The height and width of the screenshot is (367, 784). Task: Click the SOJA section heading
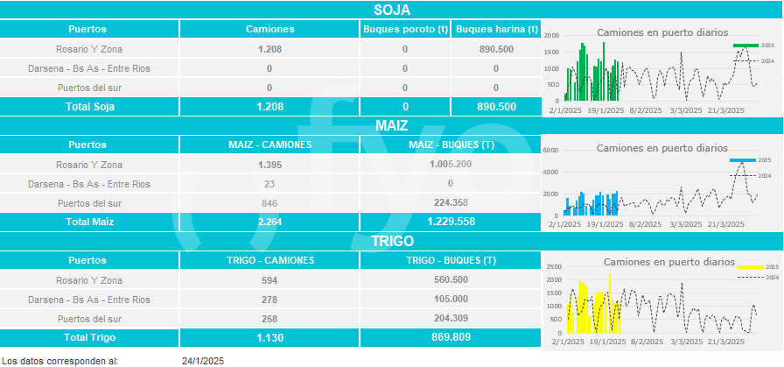click(391, 10)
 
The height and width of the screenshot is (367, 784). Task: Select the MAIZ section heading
click(391, 126)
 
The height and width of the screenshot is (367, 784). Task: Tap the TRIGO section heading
click(391, 241)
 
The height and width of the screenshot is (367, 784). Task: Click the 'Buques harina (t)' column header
click(496, 29)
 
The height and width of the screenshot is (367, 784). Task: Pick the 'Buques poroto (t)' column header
click(405, 29)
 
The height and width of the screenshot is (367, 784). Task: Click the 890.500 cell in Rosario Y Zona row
click(496, 49)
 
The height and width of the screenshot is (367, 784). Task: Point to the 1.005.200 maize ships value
click(450, 165)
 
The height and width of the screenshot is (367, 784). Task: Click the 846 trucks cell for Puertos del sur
click(269, 203)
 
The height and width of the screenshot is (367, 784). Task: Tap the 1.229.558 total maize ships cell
click(450, 222)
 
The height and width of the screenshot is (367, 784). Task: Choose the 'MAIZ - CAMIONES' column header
click(269, 145)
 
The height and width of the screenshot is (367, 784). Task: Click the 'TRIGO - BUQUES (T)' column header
click(450, 261)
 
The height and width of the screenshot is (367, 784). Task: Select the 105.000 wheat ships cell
click(450, 300)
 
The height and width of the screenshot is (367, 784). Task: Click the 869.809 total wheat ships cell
click(450, 337)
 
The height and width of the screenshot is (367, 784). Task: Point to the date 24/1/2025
click(203, 360)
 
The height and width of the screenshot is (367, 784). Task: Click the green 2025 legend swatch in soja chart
click(745, 45)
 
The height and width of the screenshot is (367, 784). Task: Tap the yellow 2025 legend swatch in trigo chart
click(750, 266)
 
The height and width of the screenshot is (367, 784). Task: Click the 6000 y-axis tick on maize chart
click(550, 150)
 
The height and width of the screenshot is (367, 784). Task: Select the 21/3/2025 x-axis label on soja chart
click(725, 110)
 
